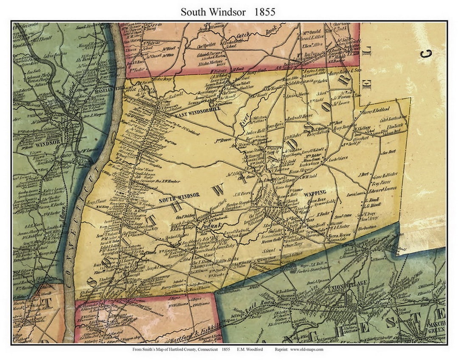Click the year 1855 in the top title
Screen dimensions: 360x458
point(265,12)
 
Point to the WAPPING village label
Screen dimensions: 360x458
point(315,193)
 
